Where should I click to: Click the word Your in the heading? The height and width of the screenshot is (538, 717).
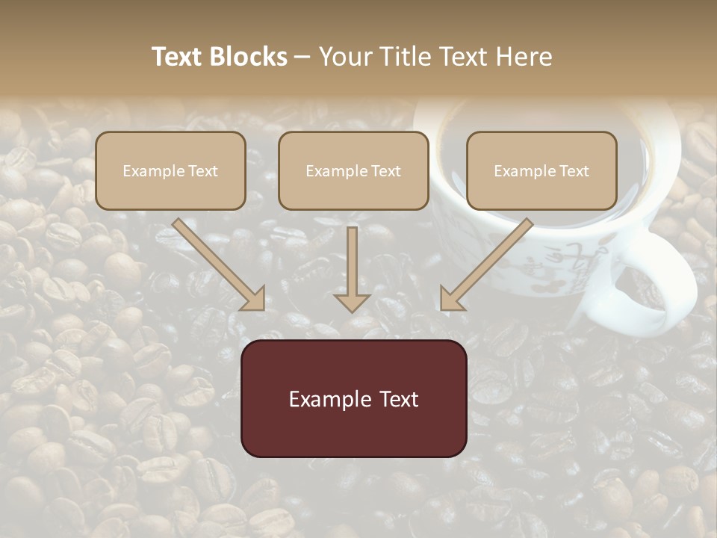[344, 57]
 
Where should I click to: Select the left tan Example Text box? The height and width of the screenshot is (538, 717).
[170, 171]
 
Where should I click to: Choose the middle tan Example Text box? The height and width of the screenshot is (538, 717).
[353, 171]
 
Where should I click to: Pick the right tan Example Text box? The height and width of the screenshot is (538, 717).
[541, 171]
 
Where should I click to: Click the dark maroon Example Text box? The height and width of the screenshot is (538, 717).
[353, 398]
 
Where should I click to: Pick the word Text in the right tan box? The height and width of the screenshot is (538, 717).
[574, 171]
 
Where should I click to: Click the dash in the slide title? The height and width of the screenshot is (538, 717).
[302, 58]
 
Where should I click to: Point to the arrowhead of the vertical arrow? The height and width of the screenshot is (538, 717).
[352, 302]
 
